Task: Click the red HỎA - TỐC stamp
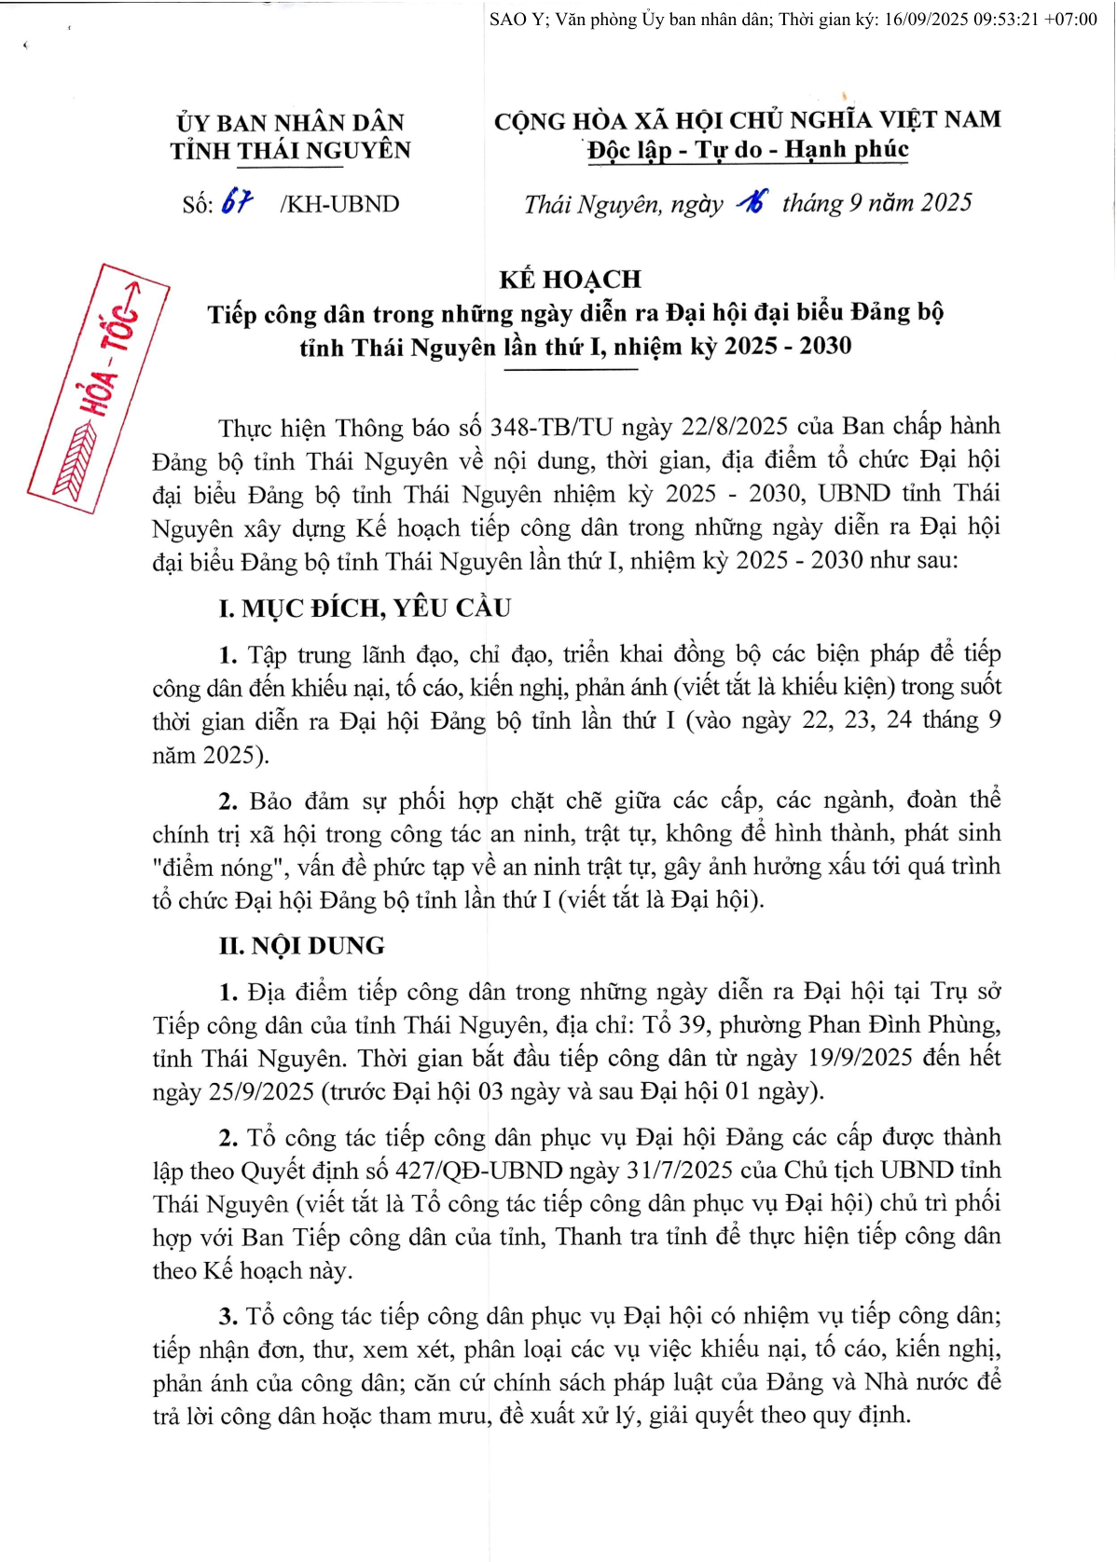point(99,387)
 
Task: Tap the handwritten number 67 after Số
point(237,202)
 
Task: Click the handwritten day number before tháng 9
point(752,201)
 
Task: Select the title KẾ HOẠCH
point(570,279)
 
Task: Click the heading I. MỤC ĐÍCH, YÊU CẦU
point(365,609)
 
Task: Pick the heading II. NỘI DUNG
point(301,946)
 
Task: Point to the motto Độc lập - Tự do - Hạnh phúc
point(748,150)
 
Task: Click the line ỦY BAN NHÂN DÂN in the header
point(290,122)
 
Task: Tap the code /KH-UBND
point(339,204)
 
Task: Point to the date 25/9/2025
point(261,1091)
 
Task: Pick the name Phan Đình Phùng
point(903,1025)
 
